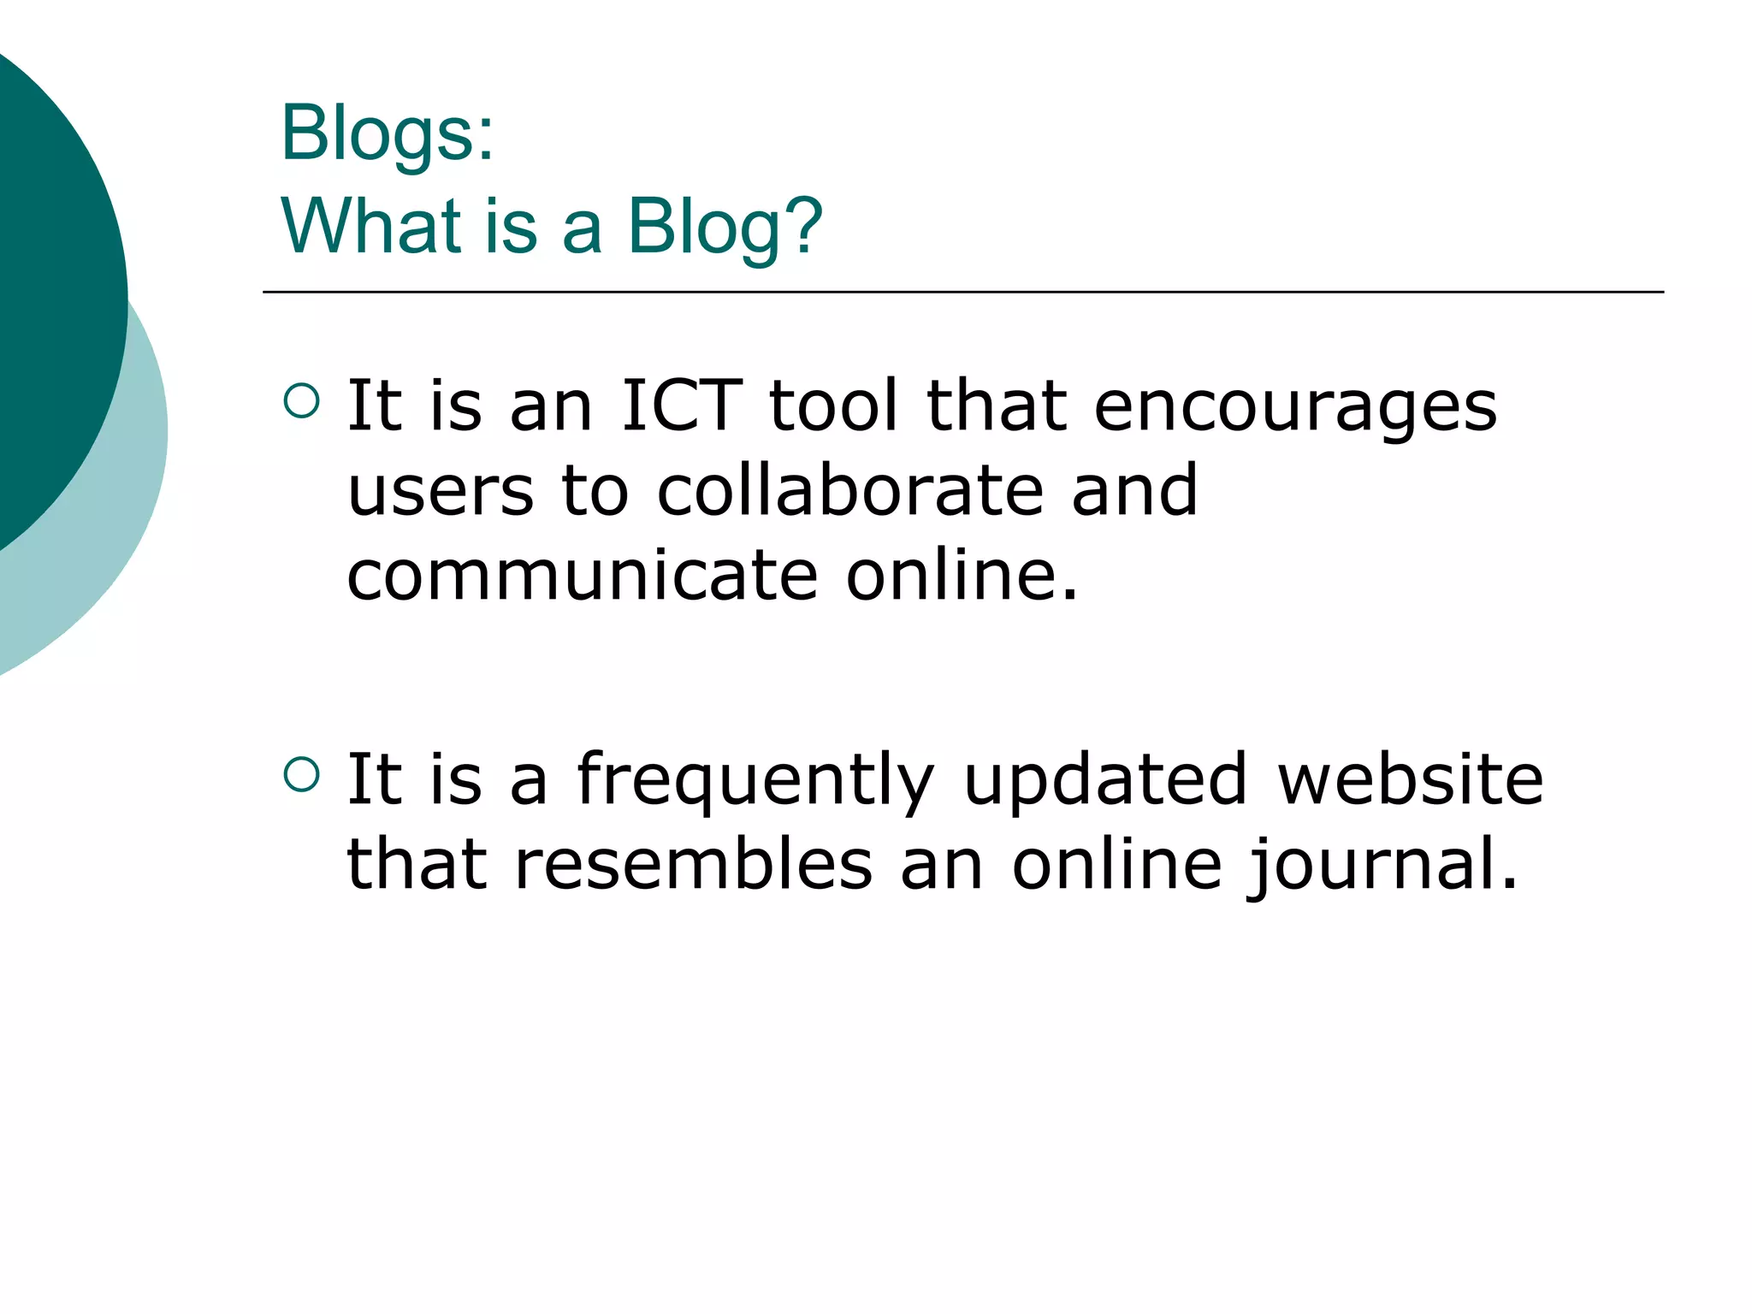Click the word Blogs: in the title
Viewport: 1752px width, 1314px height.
[388, 133]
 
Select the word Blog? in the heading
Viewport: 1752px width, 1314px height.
[725, 228]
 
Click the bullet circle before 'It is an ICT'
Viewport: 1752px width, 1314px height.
[301, 400]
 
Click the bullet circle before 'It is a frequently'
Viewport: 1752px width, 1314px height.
[301, 774]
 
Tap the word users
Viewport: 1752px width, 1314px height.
[441, 492]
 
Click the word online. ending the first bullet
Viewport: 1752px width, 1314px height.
[962, 575]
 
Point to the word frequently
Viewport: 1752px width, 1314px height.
[755, 782]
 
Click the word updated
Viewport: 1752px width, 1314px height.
[1104, 782]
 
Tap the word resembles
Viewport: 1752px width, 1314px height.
[694, 864]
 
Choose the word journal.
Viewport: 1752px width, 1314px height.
[1381, 866]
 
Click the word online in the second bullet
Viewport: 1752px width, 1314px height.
[1116, 864]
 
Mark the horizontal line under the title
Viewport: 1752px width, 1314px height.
[962, 293]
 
